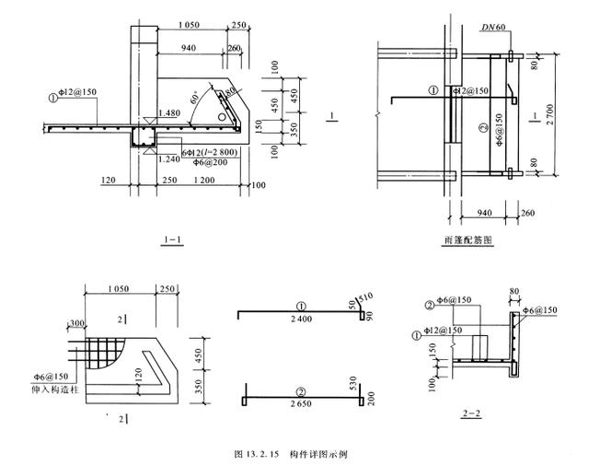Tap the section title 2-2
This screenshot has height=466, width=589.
(473, 413)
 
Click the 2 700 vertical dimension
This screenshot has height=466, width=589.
(550, 118)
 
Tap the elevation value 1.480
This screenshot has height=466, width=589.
(168, 112)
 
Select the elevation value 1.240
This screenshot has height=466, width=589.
(168, 158)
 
